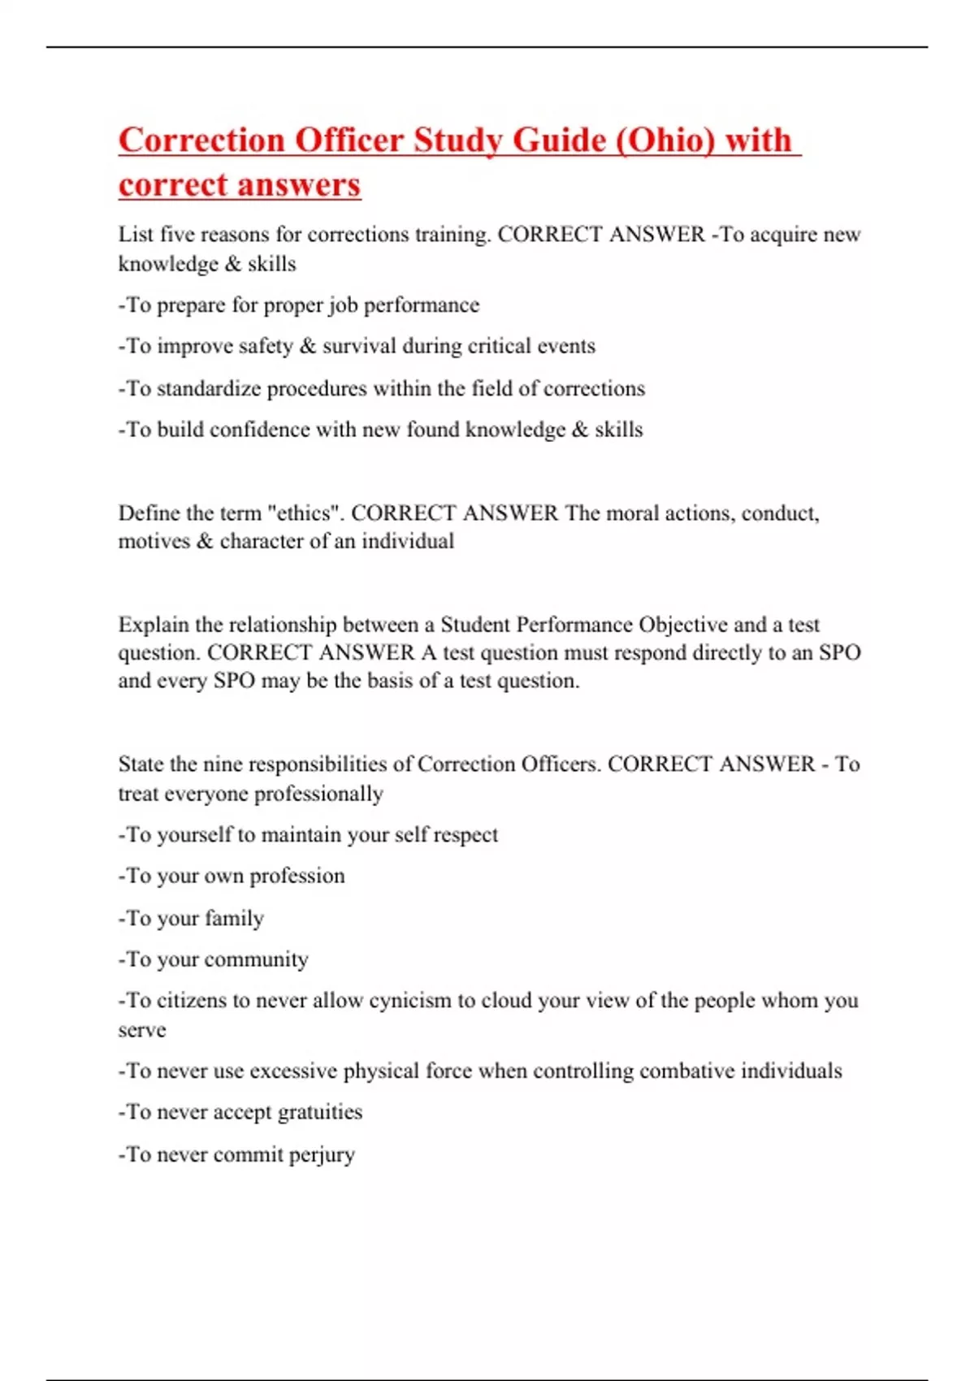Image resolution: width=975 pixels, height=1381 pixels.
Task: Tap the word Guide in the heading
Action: [558, 141]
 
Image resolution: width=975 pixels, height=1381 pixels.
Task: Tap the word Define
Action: [149, 513]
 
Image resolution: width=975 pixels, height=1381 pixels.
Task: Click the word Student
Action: [474, 625]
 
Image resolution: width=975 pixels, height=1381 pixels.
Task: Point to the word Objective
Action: [682, 625]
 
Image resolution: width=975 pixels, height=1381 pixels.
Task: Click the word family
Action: [235, 919]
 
